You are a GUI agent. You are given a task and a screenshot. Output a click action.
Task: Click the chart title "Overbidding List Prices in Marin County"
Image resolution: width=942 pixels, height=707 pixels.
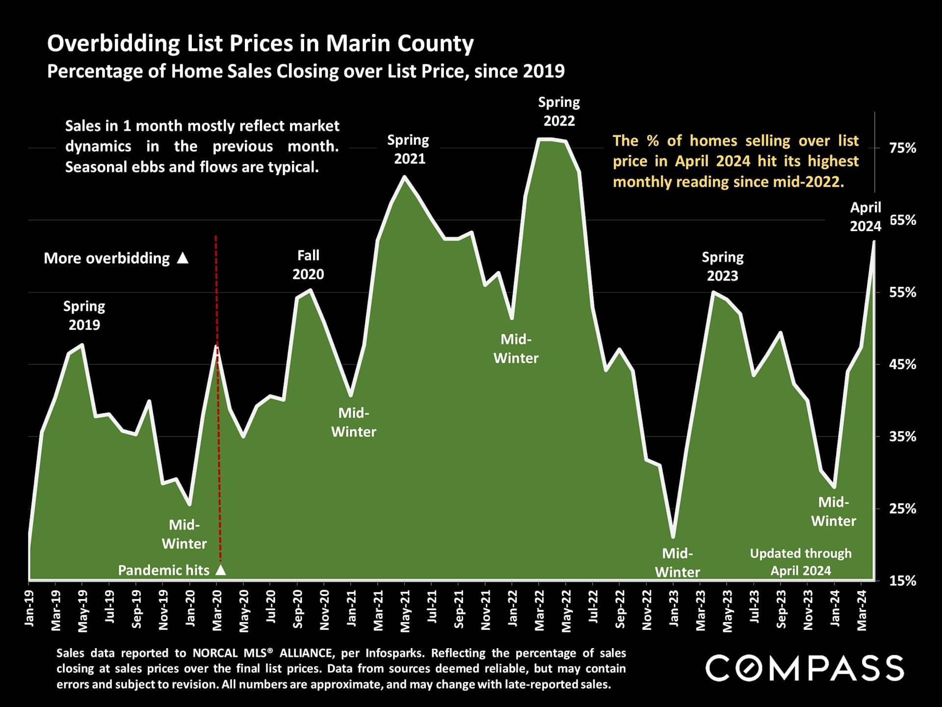tap(260, 44)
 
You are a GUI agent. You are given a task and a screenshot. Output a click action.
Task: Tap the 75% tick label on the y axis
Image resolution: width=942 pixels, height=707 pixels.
tap(902, 148)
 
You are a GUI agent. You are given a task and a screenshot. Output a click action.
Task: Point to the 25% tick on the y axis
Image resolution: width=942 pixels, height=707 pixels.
tap(902, 509)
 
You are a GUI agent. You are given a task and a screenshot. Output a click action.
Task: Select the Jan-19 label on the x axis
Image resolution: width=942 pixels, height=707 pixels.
tap(29, 608)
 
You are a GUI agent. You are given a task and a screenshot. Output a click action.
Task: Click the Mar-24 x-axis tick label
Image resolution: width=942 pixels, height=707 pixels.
tap(862, 610)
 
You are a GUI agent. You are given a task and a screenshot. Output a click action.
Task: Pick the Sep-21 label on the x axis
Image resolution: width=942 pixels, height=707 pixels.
tap(459, 610)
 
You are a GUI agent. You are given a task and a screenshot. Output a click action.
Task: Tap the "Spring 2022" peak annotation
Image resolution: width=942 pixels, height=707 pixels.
tap(559, 111)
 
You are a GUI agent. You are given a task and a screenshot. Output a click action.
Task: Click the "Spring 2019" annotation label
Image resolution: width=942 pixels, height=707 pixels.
tap(84, 315)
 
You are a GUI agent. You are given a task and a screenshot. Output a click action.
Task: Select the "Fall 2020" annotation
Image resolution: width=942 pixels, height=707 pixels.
tap(308, 265)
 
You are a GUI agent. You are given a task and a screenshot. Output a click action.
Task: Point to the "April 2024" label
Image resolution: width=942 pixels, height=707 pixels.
tap(865, 217)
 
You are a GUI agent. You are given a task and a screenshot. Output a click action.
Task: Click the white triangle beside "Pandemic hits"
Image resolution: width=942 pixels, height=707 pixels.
tap(221, 570)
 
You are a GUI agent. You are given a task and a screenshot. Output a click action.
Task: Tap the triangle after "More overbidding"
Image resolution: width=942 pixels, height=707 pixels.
tap(183, 258)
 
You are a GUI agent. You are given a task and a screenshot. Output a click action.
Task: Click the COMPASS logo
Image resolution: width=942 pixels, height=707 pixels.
tap(805, 668)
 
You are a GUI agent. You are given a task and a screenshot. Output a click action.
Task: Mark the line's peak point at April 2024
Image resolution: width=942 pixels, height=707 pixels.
tap(874, 242)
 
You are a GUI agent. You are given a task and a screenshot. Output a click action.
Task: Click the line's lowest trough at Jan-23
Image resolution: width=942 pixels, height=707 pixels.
tap(673, 537)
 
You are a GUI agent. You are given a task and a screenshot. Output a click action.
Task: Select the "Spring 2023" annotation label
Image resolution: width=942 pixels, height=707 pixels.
tap(722, 266)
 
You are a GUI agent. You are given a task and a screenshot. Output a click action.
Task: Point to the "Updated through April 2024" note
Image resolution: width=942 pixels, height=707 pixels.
tap(801, 562)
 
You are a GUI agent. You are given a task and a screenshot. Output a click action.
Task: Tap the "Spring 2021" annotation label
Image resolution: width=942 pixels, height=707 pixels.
tap(409, 149)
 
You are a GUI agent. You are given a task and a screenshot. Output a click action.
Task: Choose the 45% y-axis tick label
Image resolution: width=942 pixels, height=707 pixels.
tap(902, 365)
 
